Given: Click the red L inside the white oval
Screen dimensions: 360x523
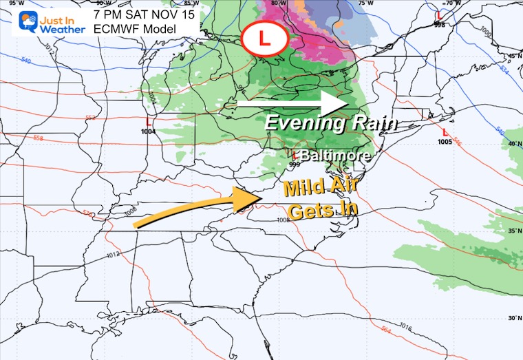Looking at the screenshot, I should click(x=264, y=39).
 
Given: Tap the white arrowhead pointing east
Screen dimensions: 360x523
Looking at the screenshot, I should click(x=337, y=104).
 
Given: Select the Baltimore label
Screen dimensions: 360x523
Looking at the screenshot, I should click(x=335, y=156).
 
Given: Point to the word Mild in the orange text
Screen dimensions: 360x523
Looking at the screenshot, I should click(x=303, y=187).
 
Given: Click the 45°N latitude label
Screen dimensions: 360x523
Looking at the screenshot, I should click(x=513, y=56).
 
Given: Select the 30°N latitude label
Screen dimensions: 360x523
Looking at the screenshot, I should click(x=513, y=317).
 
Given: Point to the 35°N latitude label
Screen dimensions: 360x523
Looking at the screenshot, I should click(x=513, y=231).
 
